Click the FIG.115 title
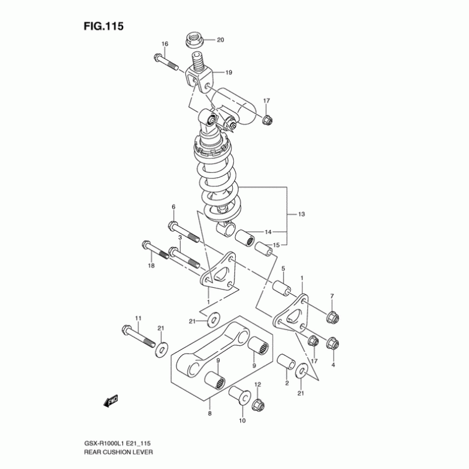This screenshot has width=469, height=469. click(x=103, y=26)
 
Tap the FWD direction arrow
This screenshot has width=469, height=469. click(x=111, y=400)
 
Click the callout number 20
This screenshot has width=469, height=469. click(x=220, y=40)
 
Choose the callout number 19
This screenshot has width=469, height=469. click(x=229, y=73)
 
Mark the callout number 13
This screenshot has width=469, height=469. click(x=301, y=215)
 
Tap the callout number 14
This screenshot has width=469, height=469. click(x=268, y=232)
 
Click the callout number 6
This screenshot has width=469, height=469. click(x=174, y=207)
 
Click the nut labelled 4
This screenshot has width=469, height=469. click(x=331, y=342)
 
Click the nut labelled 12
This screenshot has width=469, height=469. click(x=257, y=404)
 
